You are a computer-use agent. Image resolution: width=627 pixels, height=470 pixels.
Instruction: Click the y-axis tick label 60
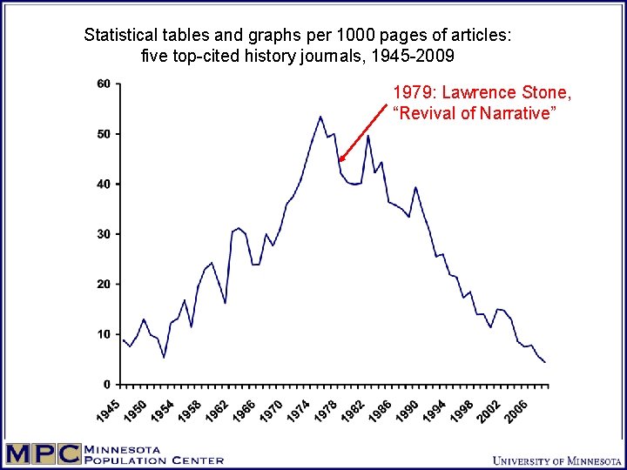click(x=104, y=84)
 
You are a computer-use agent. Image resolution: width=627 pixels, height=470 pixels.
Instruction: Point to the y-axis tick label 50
click(x=104, y=134)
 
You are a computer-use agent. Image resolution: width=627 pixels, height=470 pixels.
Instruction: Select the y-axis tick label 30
click(x=104, y=234)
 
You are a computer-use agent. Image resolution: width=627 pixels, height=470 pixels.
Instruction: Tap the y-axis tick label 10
click(x=104, y=334)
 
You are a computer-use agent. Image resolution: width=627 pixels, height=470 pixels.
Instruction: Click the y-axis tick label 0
click(x=107, y=385)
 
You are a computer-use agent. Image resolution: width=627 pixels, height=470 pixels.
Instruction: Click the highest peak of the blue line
click(x=320, y=117)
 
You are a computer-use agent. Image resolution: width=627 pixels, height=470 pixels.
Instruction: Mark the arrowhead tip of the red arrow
click(x=340, y=161)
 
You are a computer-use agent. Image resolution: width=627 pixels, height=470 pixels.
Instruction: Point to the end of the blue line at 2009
click(x=545, y=362)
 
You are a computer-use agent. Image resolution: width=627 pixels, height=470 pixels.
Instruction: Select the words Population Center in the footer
click(x=154, y=460)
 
